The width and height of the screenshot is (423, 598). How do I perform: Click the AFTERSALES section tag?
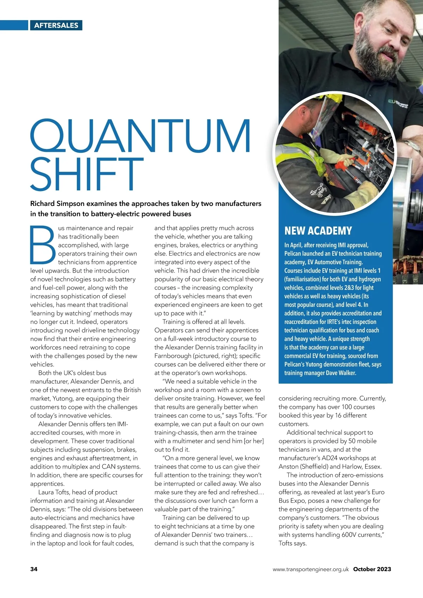(56, 25)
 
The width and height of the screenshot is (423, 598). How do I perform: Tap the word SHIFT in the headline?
(87, 174)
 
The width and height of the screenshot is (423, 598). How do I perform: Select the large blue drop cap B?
(43, 244)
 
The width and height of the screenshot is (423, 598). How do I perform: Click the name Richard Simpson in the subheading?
(57, 203)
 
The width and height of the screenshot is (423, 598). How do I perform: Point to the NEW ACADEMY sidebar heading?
(318, 231)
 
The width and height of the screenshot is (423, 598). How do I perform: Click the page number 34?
(34, 569)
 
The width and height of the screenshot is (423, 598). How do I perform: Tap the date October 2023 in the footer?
(372, 569)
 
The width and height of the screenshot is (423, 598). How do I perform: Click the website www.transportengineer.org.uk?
(311, 569)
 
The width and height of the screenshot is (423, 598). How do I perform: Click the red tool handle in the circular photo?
(344, 163)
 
